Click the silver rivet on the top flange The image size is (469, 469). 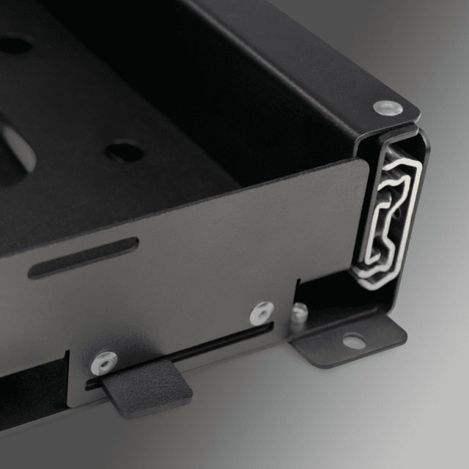click(388, 108)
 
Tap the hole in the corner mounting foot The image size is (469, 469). click(353, 341)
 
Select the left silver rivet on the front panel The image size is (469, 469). click(103, 360)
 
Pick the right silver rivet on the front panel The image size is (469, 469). click(262, 313)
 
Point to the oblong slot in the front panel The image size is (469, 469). click(83, 257)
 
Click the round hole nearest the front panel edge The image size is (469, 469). click(125, 152)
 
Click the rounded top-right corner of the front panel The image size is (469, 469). click(363, 164)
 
